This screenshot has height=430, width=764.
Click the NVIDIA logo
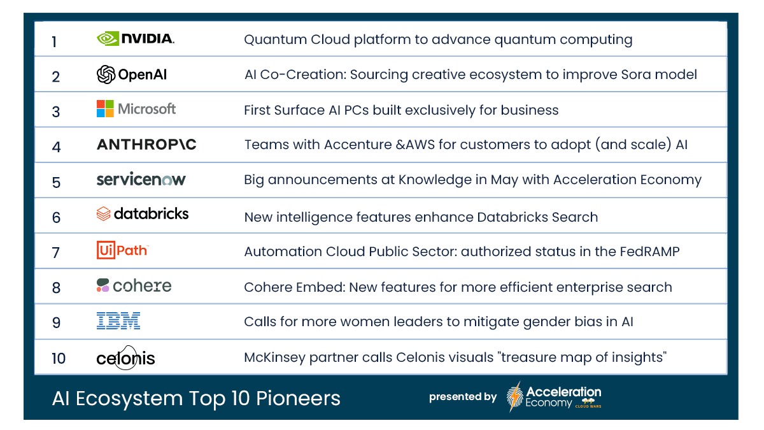coord(135,39)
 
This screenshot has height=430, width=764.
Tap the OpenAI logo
coord(132,75)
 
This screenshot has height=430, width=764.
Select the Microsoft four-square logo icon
coord(105,109)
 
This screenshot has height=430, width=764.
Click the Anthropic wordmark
coord(146,145)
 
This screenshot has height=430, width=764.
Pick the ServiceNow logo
coord(141,180)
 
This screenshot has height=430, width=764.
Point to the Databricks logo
coord(143,214)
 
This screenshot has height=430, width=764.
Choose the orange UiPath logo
coord(122,250)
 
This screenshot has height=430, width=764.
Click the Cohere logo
coord(134,285)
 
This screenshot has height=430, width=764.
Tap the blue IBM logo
coord(118,321)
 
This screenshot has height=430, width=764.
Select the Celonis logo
coord(126,358)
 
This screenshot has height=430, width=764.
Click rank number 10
coord(59,358)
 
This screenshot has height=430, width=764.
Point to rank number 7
coord(56,252)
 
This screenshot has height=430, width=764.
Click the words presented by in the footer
coord(463,397)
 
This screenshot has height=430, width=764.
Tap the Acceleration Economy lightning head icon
coord(515,397)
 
